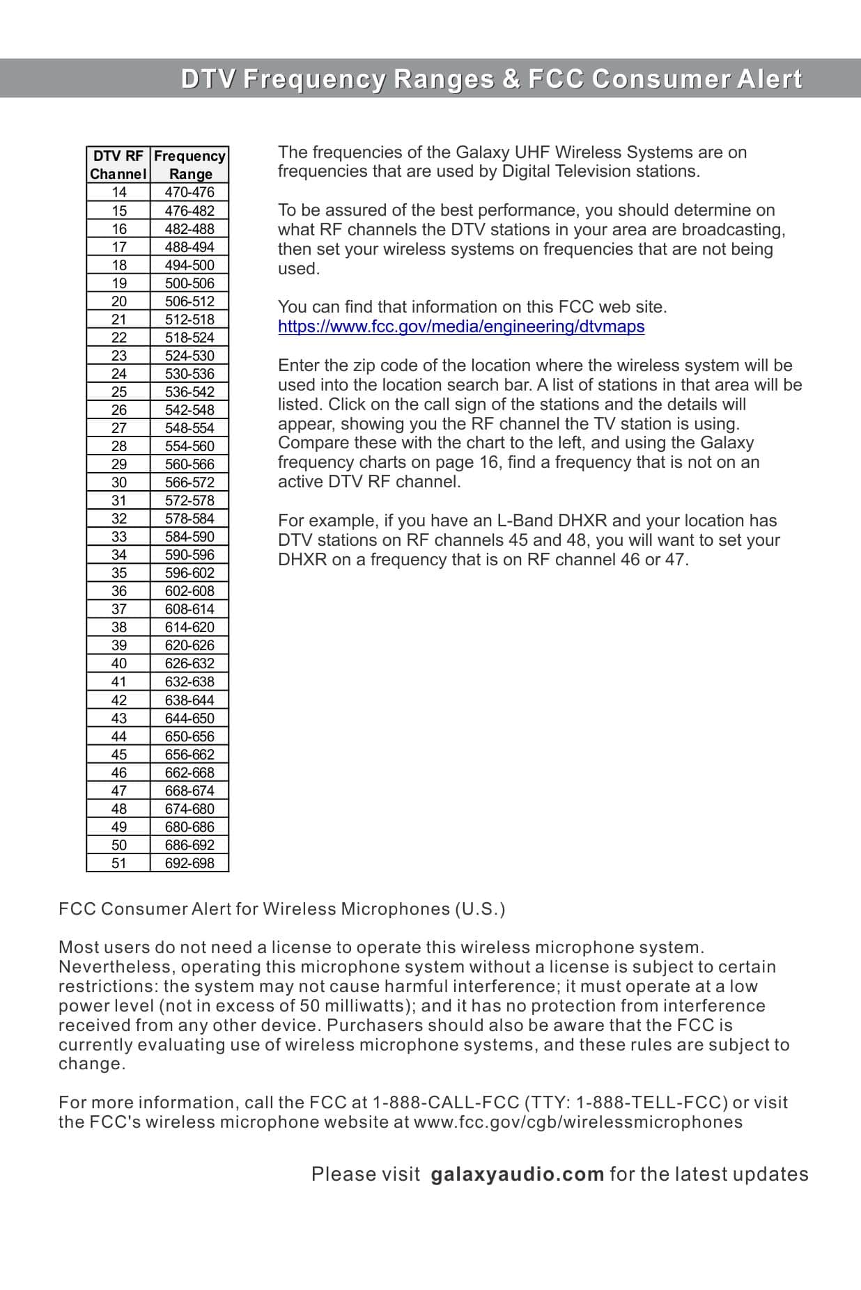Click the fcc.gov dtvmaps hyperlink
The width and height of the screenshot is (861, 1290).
tap(460, 327)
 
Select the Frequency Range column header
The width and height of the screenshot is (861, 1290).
tap(189, 165)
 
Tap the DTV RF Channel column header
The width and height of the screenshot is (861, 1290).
tap(118, 165)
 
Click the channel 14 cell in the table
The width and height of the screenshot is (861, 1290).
tap(119, 192)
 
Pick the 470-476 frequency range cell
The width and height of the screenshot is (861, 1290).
tap(189, 192)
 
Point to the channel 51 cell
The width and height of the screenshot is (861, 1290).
tap(119, 863)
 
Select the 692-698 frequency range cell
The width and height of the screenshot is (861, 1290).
tap(189, 863)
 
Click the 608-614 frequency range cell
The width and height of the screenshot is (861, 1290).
tap(189, 609)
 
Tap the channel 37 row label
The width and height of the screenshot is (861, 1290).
tap(119, 609)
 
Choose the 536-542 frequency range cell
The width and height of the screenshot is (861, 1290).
tap(189, 392)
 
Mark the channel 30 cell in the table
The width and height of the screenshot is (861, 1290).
tap(119, 482)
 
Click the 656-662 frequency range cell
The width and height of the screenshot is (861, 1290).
tap(189, 755)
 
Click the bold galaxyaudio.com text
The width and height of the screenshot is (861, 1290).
tap(517, 1174)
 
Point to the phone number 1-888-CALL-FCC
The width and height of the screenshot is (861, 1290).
tap(446, 1103)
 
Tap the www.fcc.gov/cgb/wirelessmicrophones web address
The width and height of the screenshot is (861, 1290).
tap(577, 1122)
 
